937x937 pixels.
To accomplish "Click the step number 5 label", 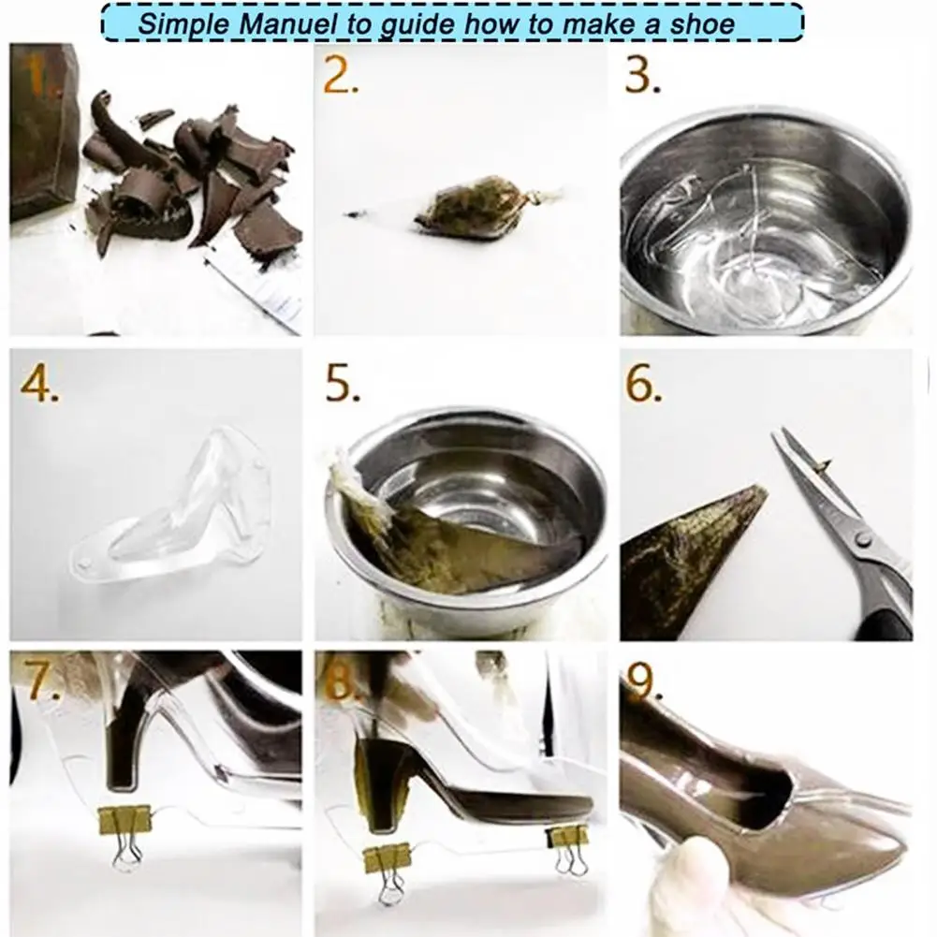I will pos(343,384).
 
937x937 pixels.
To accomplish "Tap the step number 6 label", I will pos(644,384).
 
